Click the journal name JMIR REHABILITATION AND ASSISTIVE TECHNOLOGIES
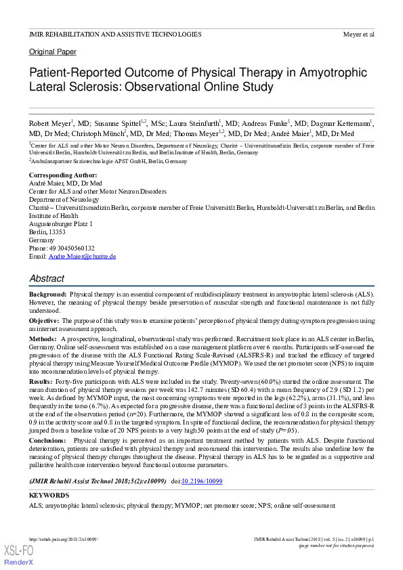point(114,34)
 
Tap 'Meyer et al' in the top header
point(358,34)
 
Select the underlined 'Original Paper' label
point(52,52)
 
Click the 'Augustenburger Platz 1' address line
point(61,223)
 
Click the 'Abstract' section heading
point(47,278)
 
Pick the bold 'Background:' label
point(47,295)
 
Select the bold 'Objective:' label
point(44,320)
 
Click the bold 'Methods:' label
point(43,337)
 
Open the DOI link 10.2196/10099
point(202,481)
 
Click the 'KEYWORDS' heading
point(49,496)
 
